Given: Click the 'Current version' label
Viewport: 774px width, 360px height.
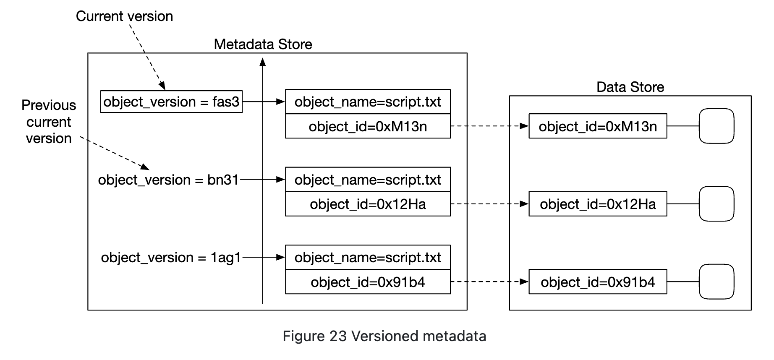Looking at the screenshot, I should click(124, 16).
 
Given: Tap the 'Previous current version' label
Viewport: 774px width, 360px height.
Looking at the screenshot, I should click(49, 122).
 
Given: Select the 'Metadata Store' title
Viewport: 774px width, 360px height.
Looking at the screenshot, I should click(263, 44).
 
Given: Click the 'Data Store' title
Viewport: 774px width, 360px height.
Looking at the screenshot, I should click(630, 87).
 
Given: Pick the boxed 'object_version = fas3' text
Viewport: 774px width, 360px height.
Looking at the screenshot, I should click(171, 102).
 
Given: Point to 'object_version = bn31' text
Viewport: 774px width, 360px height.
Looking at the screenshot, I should click(168, 180).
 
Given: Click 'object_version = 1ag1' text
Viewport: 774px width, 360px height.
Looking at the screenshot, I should click(171, 258).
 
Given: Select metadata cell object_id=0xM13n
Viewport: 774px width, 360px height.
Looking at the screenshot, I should click(368, 126).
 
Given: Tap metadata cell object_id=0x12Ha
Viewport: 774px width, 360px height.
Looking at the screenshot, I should click(368, 204).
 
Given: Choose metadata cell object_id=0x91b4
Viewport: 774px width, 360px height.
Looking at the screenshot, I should click(368, 282).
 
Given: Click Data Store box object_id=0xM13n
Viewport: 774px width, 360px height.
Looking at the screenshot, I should click(597, 126).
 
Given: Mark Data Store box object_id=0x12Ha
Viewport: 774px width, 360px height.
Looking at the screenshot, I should click(597, 204).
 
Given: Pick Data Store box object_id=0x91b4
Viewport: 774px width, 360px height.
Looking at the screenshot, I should click(597, 282).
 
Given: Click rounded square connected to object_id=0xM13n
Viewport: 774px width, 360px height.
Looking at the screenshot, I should click(716, 126).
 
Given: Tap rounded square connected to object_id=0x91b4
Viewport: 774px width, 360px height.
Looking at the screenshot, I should click(716, 282).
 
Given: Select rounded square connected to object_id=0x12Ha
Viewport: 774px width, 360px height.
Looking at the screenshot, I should click(716, 204).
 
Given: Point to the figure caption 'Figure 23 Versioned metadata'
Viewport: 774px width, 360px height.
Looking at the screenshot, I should click(384, 336).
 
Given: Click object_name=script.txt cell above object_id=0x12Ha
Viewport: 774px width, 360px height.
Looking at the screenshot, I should click(368, 180).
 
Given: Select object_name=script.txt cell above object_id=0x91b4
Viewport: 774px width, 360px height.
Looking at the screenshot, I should click(368, 258).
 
